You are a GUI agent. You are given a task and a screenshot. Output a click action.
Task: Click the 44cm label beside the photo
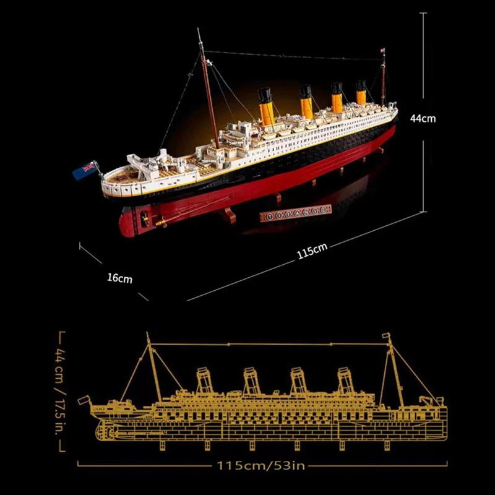pyautogui.click(x=423, y=118)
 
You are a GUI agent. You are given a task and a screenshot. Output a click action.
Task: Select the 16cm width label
pyautogui.click(x=119, y=278)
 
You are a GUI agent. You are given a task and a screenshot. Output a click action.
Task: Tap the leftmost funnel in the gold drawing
pyautogui.click(x=204, y=380)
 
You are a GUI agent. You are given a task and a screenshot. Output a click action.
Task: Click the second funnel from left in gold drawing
pyautogui.click(x=251, y=380)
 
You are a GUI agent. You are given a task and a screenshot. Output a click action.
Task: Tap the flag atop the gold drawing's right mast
pyautogui.click(x=388, y=337)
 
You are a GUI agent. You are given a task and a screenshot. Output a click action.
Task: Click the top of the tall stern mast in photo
pyautogui.click(x=200, y=31)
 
